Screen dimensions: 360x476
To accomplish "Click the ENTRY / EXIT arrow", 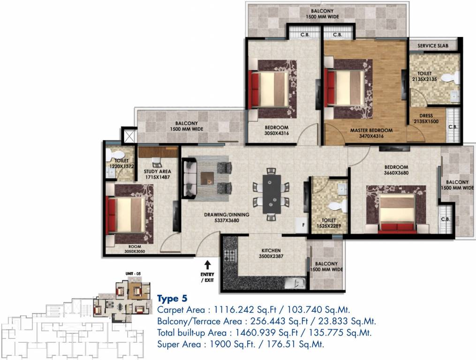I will [207, 266].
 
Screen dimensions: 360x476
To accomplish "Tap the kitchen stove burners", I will [230, 256].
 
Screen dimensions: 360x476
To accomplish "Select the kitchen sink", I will [295, 283].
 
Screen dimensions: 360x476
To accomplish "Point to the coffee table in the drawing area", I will [207, 178].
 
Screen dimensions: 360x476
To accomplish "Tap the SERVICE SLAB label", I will [435, 45].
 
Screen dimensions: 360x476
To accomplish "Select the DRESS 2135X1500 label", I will [426, 119].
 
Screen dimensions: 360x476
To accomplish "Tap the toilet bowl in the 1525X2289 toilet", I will [336, 206].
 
